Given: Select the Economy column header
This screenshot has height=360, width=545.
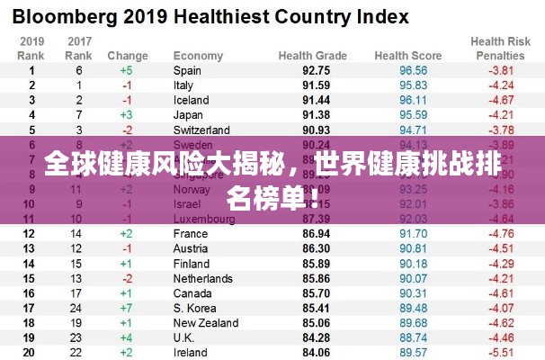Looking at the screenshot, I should [x=198, y=56].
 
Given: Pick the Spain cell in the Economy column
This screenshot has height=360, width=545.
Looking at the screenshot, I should [x=187, y=70].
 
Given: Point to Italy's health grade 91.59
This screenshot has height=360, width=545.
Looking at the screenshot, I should [x=316, y=85].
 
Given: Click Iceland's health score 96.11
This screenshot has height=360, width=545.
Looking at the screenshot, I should [x=413, y=100].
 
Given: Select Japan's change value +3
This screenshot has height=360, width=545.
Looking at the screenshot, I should [x=126, y=114].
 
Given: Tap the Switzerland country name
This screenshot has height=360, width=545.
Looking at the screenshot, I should [x=201, y=130].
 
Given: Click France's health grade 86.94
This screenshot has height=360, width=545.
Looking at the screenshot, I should [x=316, y=233].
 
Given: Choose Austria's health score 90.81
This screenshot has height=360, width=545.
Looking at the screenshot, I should [x=413, y=248].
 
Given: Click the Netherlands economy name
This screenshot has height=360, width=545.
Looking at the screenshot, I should [x=203, y=278].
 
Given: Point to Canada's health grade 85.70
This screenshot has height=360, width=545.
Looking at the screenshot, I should [x=316, y=292].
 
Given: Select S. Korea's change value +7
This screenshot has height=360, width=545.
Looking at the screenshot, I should [x=126, y=308].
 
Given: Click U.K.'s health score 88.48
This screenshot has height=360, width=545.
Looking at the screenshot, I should [x=413, y=337].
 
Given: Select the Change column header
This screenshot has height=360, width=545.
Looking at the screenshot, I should [x=128, y=56].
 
